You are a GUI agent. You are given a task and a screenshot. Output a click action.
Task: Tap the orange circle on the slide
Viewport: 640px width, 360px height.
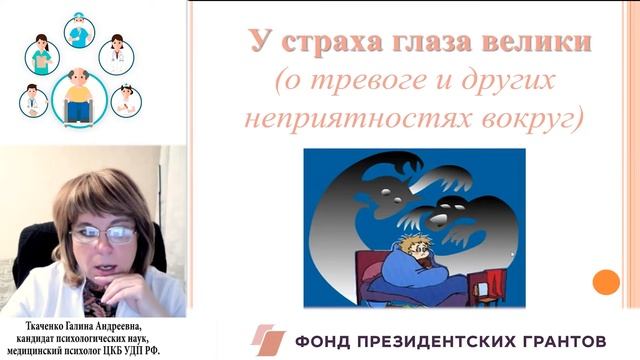pyautogui.click(x=606, y=282)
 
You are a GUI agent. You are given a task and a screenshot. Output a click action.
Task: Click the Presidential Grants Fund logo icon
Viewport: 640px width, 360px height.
pyautogui.click(x=267, y=340)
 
